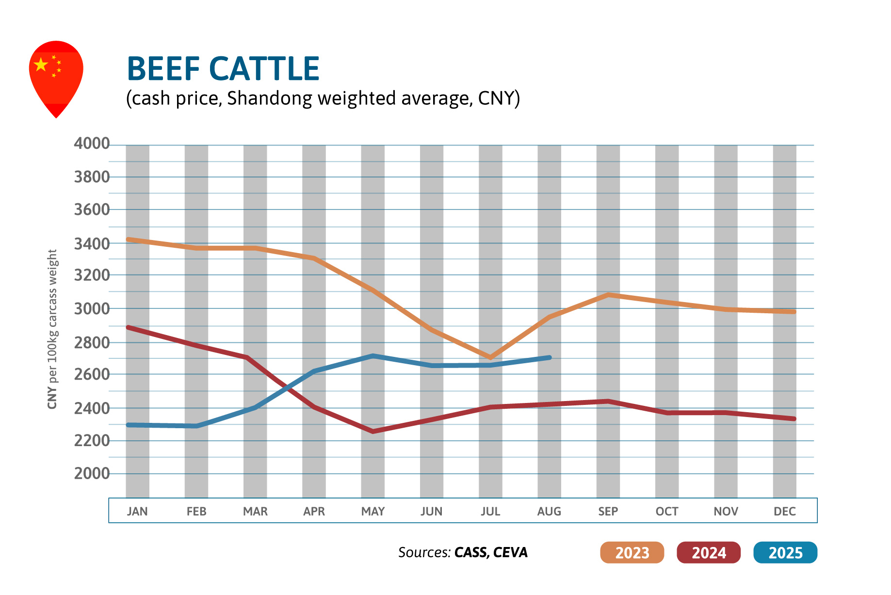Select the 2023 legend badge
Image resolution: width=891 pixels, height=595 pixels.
[x=632, y=552]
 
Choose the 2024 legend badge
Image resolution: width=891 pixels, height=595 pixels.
[x=708, y=552]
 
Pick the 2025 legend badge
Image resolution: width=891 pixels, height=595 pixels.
[x=785, y=552]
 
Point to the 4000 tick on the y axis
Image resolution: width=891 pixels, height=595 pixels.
[x=92, y=144]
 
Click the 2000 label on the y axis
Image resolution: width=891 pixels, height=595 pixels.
[x=92, y=473]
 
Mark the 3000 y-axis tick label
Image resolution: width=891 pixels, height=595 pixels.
[x=92, y=308]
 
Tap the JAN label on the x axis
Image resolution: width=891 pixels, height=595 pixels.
[x=137, y=511]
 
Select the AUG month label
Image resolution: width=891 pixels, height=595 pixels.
[x=549, y=511]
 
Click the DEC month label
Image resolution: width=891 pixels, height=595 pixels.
[x=784, y=511]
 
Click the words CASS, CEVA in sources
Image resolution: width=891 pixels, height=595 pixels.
[x=491, y=552]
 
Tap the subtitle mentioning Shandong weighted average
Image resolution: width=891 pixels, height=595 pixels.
[x=323, y=98]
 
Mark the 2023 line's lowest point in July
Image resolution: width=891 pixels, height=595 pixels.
[x=490, y=358]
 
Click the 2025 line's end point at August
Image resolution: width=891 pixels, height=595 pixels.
[x=549, y=358]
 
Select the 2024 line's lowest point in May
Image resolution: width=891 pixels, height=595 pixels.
[x=373, y=431]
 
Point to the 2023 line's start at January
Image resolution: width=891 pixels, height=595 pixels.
[x=128, y=239]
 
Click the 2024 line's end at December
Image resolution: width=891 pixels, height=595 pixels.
[x=794, y=418]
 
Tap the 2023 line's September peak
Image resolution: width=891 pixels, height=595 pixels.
[x=608, y=294]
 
